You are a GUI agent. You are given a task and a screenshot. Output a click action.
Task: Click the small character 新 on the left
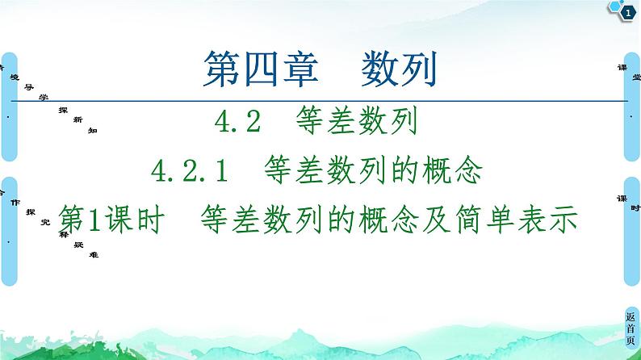[78, 119]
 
